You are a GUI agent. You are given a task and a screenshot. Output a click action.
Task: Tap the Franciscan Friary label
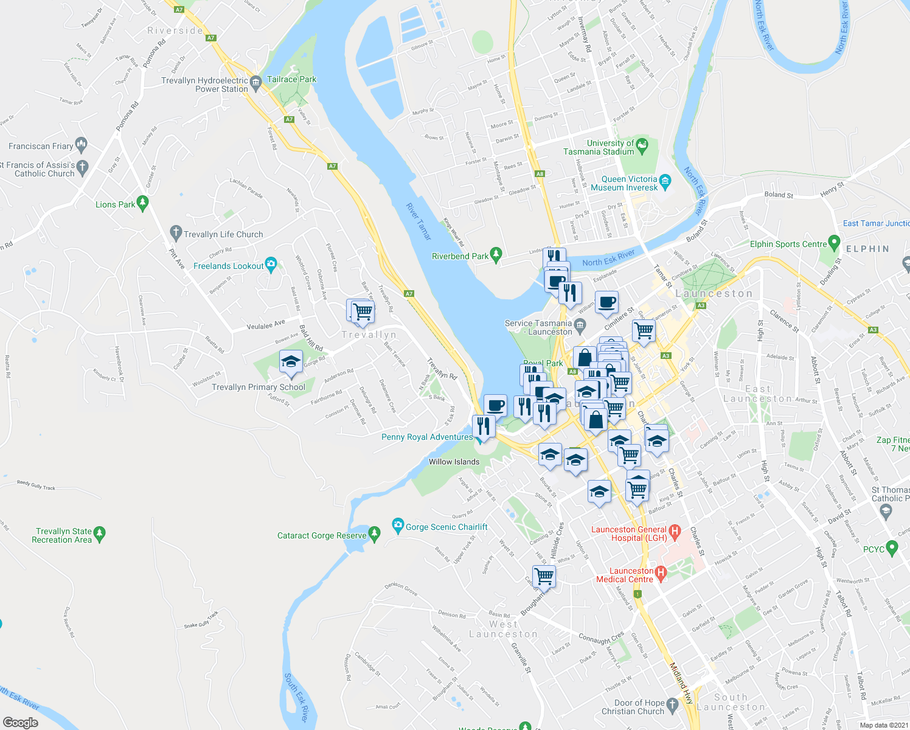[x=41, y=146]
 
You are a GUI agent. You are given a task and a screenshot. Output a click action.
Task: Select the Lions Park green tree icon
[x=143, y=203]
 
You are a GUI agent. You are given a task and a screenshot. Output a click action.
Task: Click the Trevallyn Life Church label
[x=223, y=234]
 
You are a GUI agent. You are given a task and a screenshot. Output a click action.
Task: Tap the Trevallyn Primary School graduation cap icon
[x=291, y=362]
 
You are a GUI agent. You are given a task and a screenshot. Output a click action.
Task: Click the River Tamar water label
[x=419, y=221]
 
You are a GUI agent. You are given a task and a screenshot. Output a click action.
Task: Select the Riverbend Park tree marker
[x=496, y=255]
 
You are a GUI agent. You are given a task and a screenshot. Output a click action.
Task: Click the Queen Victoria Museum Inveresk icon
[x=665, y=180]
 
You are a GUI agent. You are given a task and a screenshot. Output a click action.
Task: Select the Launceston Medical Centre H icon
[x=661, y=572]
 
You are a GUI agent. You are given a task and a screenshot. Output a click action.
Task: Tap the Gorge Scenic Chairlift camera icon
[x=398, y=524]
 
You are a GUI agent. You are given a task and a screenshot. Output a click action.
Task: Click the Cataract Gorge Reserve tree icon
[x=375, y=534]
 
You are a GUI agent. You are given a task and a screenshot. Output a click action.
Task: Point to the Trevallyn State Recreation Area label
[x=63, y=535]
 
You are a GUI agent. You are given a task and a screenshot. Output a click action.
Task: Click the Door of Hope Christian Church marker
[x=672, y=704]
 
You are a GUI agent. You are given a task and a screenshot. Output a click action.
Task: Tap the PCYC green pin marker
[x=892, y=548]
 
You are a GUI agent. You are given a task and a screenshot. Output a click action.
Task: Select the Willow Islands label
[x=454, y=462]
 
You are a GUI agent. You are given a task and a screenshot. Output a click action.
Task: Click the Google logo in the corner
[x=20, y=723]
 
